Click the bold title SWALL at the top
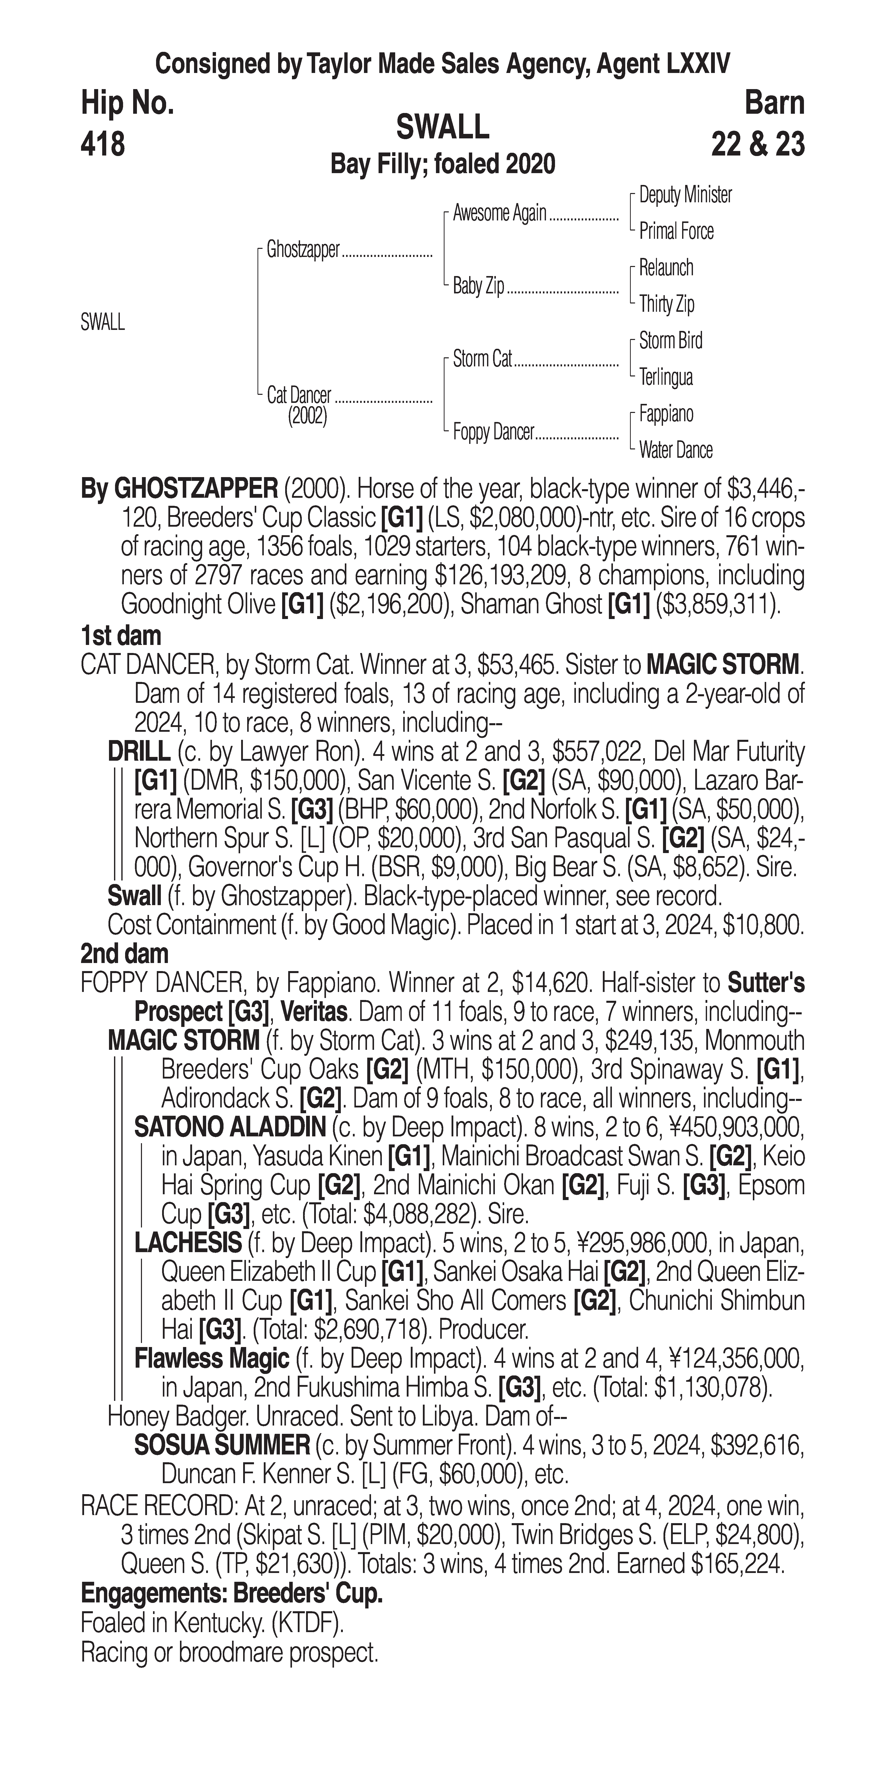tap(442, 127)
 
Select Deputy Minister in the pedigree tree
tap(685, 195)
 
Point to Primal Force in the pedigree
tap(676, 232)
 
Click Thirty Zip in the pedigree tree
tap(666, 304)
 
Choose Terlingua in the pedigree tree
tap(666, 377)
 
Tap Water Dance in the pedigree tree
tap(675, 450)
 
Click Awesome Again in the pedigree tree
tap(499, 214)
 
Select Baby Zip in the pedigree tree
tap(478, 286)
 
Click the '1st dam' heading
tap(121, 636)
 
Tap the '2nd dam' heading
tap(124, 954)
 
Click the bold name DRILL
tap(139, 752)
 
